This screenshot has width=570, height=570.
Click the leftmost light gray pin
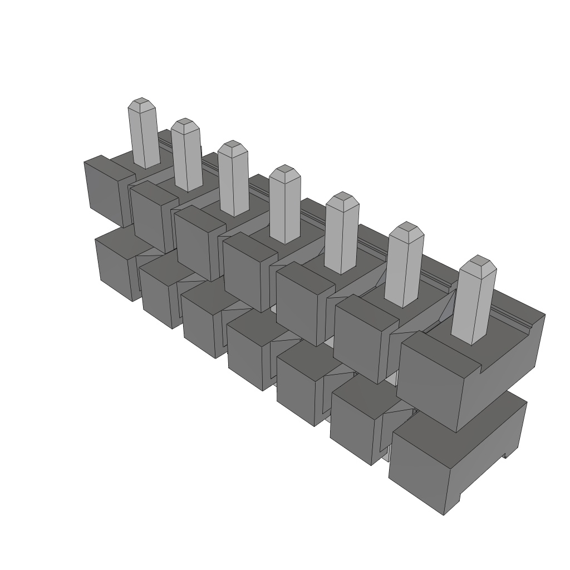[144, 136]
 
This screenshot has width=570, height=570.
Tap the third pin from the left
[233, 181]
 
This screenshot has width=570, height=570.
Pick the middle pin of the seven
[285, 206]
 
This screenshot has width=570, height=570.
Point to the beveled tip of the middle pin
[285, 171]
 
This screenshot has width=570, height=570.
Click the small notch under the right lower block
[505, 455]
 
